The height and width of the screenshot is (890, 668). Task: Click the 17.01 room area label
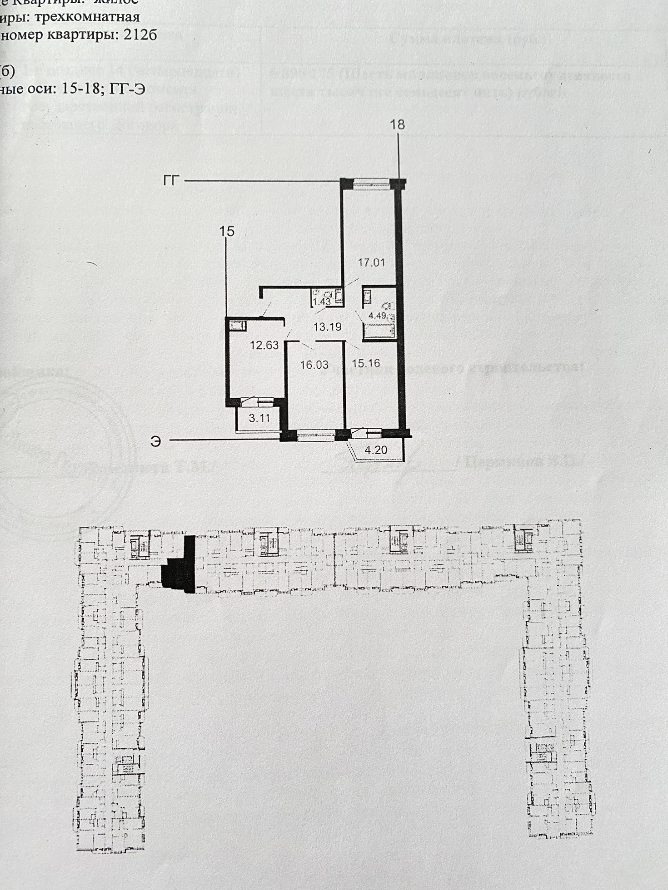[371, 262]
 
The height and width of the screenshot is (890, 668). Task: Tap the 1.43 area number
[322, 302]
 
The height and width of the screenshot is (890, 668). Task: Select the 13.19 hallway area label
[327, 326]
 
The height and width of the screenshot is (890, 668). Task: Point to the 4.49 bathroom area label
[377, 315]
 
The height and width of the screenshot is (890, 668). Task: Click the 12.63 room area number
[264, 345]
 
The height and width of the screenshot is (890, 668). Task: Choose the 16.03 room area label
[314, 365]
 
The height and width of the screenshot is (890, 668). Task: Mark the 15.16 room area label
[366, 363]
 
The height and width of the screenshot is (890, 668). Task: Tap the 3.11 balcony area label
[259, 418]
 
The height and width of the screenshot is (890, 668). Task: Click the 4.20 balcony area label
[376, 450]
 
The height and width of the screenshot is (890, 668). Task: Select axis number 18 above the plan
[397, 124]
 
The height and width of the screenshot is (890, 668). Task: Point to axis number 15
[227, 232]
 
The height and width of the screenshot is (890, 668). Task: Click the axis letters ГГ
[172, 181]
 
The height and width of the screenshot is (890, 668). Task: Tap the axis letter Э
[156, 441]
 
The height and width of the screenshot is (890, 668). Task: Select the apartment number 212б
[140, 35]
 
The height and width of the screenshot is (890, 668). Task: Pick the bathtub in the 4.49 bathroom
[378, 331]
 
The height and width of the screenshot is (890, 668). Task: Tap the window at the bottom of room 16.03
[316, 435]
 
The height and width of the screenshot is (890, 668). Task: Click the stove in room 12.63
[238, 325]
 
